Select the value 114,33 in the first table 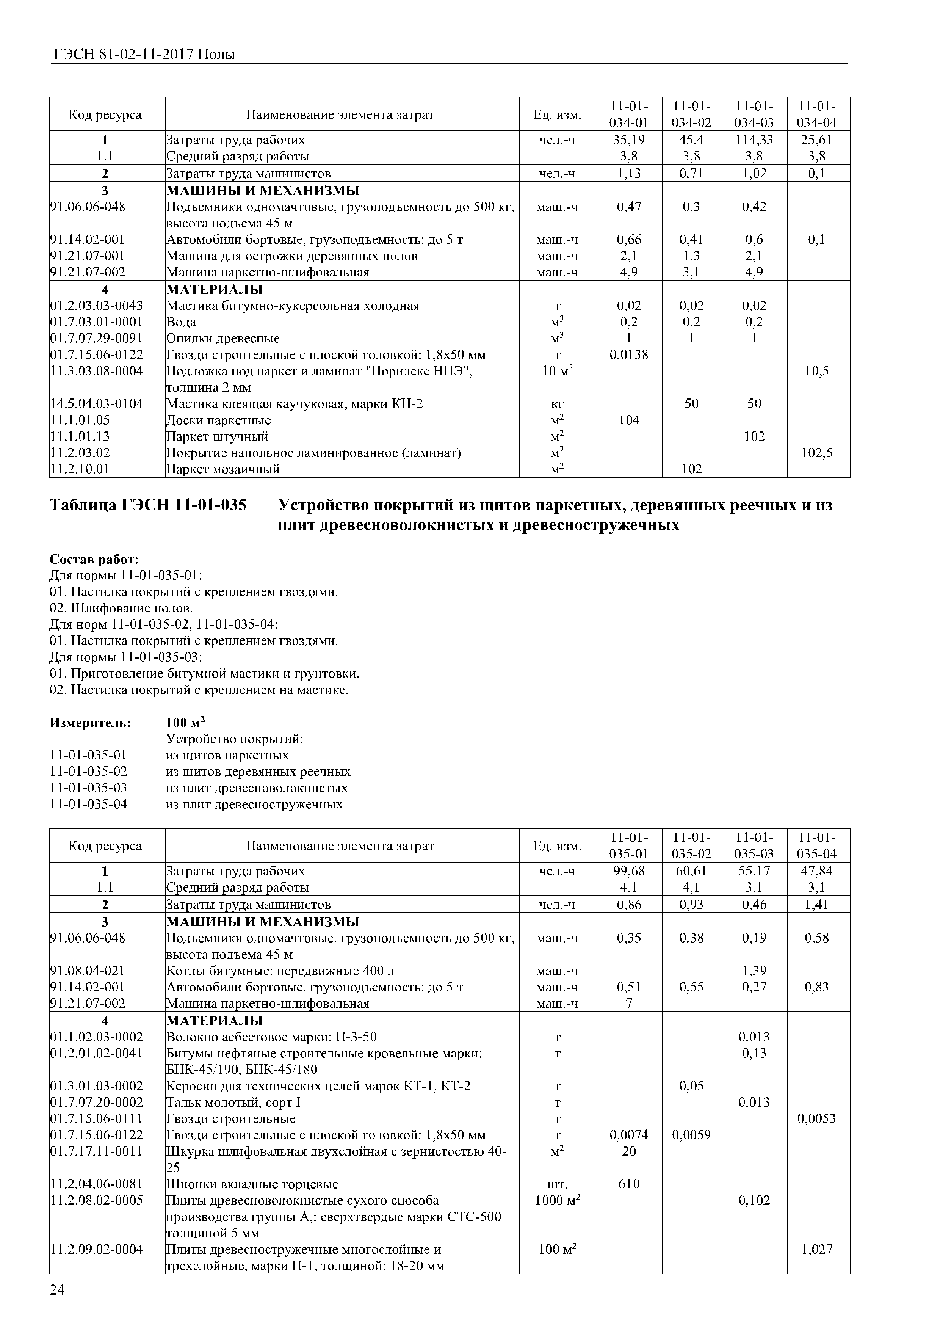click(754, 140)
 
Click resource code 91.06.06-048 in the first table click(88, 207)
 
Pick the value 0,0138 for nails click(628, 354)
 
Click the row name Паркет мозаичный click(223, 469)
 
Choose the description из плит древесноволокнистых click(257, 788)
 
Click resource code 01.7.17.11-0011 click(96, 1151)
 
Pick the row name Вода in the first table click(181, 322)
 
